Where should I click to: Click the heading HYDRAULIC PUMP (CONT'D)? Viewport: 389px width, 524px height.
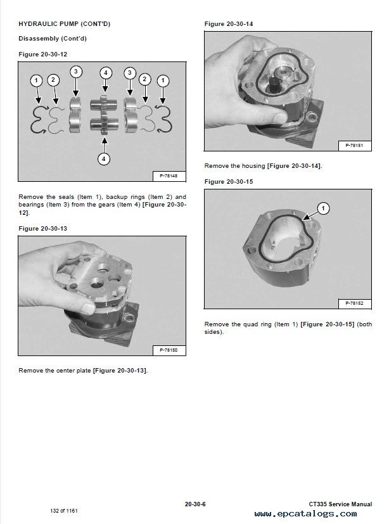tap(64, 24)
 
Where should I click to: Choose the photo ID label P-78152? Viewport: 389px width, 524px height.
tap(353, 304)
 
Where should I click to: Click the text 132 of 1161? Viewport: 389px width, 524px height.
tap(65, 510)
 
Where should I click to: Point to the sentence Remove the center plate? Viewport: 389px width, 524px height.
tap(55, 370)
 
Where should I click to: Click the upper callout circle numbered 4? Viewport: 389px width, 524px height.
tap(105, 73)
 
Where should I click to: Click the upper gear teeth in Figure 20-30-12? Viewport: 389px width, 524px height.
tap(105, 101)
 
